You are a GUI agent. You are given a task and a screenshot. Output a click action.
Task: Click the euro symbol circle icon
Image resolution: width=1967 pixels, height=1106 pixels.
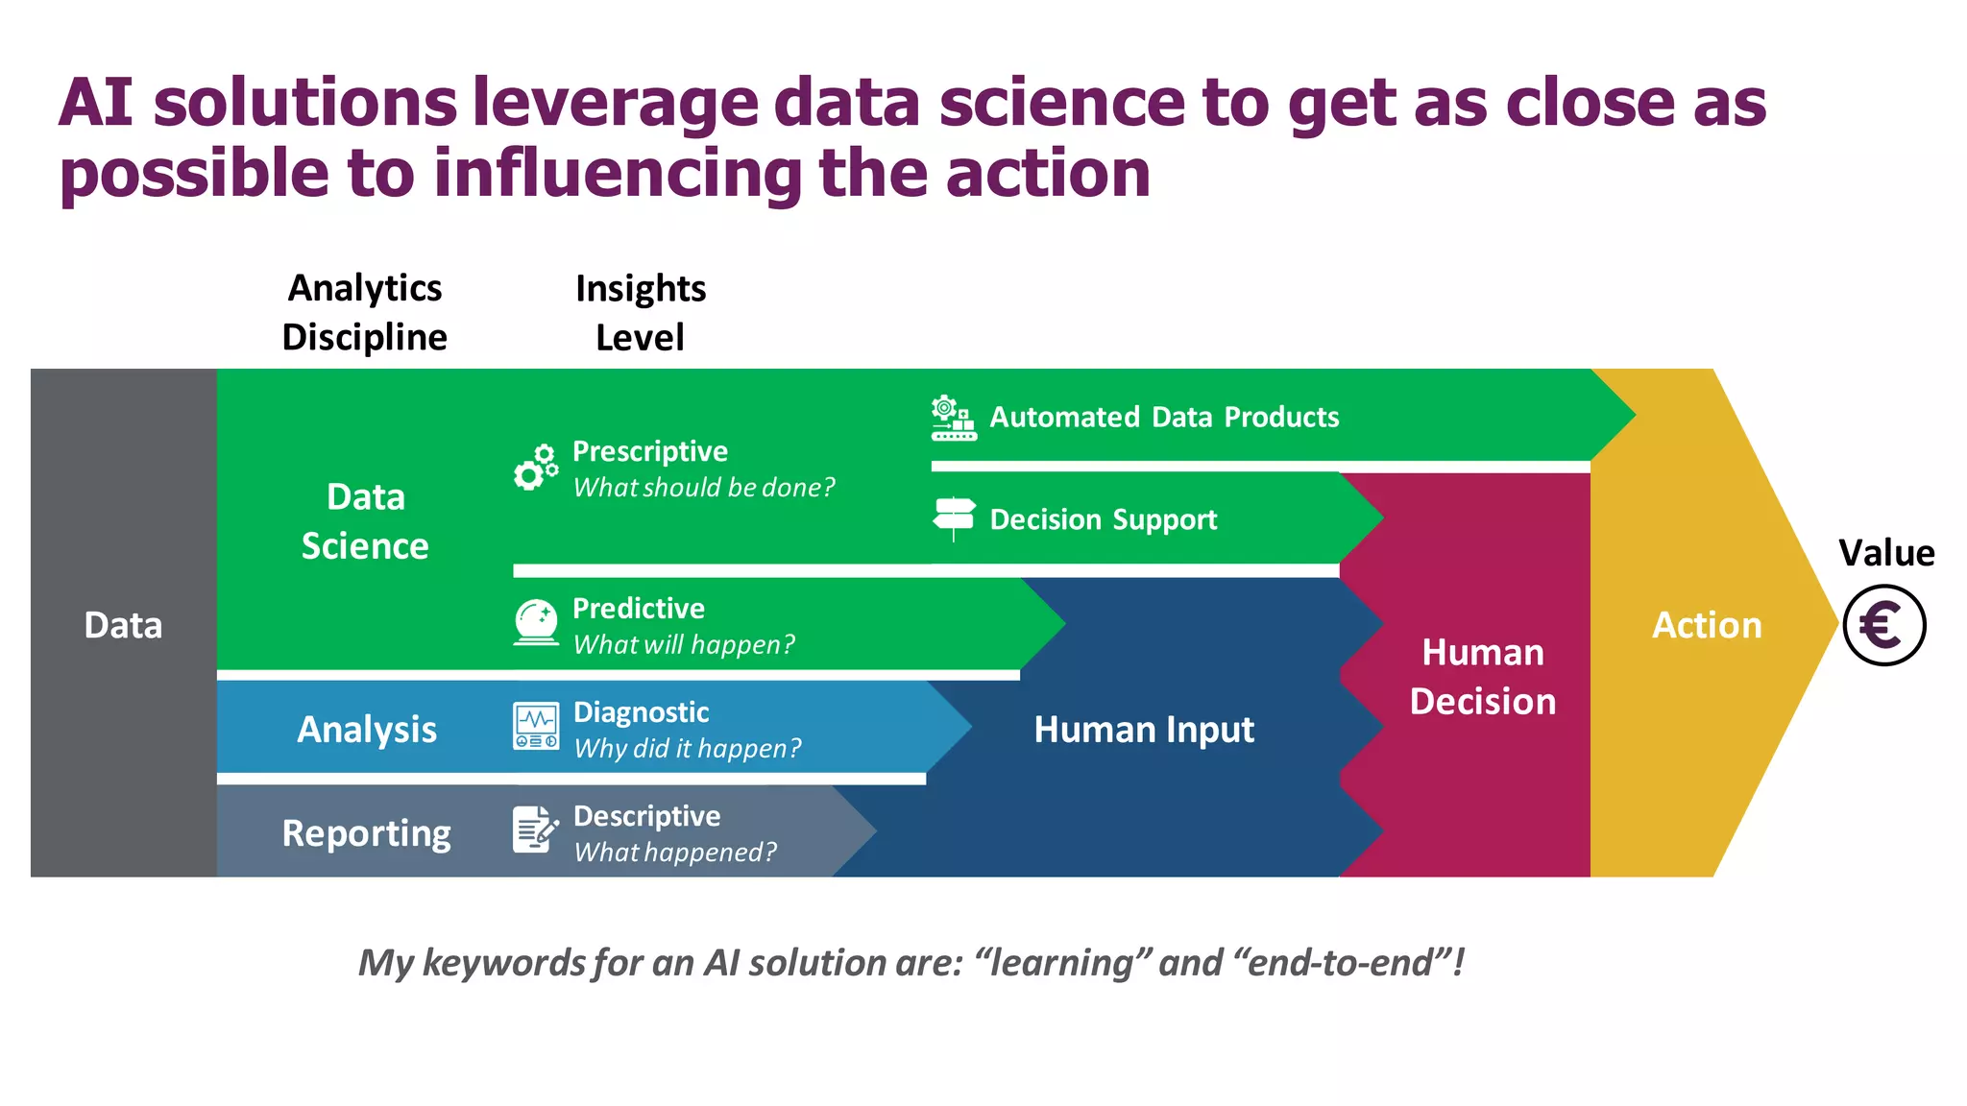[x=1883, y=625]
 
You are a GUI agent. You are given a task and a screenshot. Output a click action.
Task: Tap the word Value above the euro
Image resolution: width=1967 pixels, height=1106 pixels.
[x=1885, y=553]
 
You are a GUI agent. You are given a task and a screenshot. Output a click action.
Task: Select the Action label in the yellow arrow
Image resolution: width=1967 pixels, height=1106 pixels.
[x=1707, y=625]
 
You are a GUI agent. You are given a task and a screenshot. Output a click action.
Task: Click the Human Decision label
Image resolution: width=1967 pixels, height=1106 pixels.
[x=1482, y=677]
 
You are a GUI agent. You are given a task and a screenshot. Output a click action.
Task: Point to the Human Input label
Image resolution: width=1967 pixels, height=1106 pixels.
[x=1143, y=730]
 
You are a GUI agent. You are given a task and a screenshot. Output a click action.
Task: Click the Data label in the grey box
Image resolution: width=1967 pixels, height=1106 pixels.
[x=123, y=625]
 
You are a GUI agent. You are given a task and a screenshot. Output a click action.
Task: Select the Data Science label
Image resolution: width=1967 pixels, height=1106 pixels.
[x=365, y=521]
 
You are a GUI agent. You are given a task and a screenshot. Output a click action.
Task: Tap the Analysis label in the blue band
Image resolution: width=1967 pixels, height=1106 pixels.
[x=367, y=730]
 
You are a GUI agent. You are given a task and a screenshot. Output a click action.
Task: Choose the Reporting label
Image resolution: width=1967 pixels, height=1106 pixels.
[x=366, y=833]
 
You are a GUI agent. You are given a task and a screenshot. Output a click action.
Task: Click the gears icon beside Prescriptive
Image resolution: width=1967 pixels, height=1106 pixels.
[x=536, y=468]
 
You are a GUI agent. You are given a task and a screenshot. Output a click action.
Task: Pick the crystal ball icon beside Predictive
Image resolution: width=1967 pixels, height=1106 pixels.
[x=536, y=622]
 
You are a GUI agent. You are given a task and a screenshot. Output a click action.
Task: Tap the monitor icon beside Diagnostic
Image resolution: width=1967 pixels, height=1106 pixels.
[x=536, y=727]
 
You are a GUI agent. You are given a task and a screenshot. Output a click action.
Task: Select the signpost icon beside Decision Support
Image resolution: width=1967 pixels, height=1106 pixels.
[x=954, y=518]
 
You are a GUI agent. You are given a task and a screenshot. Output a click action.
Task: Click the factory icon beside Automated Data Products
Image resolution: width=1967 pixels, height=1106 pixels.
[x=953, y=418]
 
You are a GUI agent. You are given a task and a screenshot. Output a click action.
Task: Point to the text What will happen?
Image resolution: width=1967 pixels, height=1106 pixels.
[x=684, y=644]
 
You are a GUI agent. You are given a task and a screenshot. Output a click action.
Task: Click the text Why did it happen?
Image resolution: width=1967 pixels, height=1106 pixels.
[x=687, y=748]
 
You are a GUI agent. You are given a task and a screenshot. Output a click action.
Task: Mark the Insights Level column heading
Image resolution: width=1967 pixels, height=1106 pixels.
[x=641, y=313]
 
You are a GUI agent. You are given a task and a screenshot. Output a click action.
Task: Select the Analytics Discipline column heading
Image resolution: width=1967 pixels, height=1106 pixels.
[x=365, y=313]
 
